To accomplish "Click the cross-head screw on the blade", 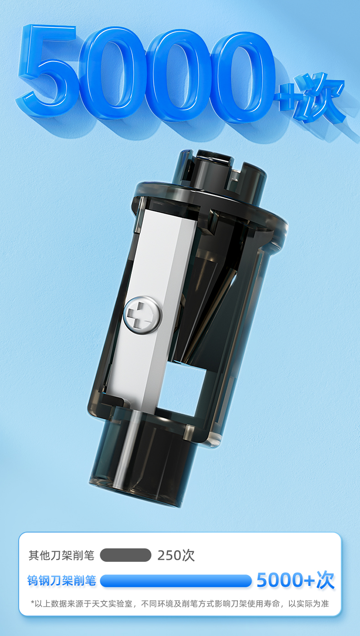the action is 143,315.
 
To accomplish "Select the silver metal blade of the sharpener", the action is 150,309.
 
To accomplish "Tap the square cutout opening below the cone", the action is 180,389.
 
